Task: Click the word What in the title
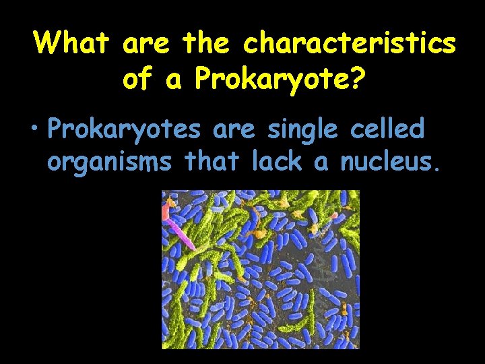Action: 71,44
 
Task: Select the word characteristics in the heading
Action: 350,44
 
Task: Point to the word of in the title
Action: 138,80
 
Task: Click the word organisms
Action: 108,162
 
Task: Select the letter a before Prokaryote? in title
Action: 174,80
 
